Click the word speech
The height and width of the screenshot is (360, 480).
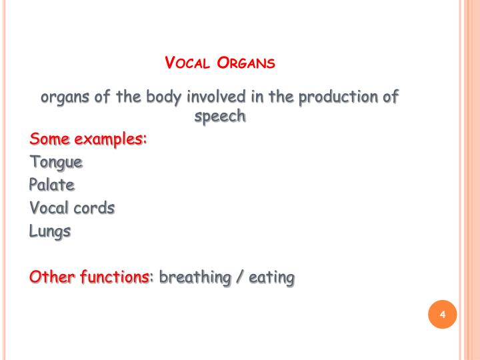(220, 117)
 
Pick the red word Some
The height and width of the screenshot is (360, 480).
(49, 140)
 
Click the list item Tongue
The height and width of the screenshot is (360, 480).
(57, 163)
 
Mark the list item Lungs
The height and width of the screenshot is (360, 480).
(50, 232)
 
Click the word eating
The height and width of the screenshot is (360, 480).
(271, 277)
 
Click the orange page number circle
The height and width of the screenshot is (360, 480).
(441, 315)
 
